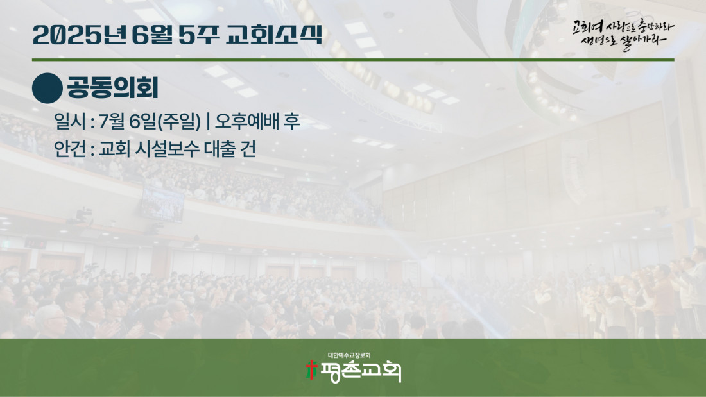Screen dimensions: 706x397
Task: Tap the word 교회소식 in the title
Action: pyautogui.click(x=274, y=35)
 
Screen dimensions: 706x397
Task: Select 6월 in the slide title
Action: pyautogui.click(x=153, y=35)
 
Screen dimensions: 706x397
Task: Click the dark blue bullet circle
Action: pyautogui.click(x=47, y=89)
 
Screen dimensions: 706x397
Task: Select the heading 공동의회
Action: pyautogui.click(x=112, y=88)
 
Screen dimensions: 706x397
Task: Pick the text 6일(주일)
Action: pyautogui.click(x=165, y=121)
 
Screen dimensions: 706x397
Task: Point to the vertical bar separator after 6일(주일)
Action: pyautogui.click(x=207, y=121)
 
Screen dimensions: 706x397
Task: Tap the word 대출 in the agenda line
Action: pyautogui.click(x=220, y=149)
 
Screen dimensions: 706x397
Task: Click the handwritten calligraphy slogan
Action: pyautogui.click(x=623, y=34)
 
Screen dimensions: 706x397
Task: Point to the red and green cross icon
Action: pyautogui.click(x=311, y=370)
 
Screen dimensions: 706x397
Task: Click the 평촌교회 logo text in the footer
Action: pyautogui.click(x=360, y=372)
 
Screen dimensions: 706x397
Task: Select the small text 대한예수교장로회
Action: pyautogui.click(x=349, y=355)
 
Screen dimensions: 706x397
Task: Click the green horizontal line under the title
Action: pyautogui.click(x=353, y=60)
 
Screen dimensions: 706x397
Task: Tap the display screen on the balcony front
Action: pyautogui.click(x=162, y=204)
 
